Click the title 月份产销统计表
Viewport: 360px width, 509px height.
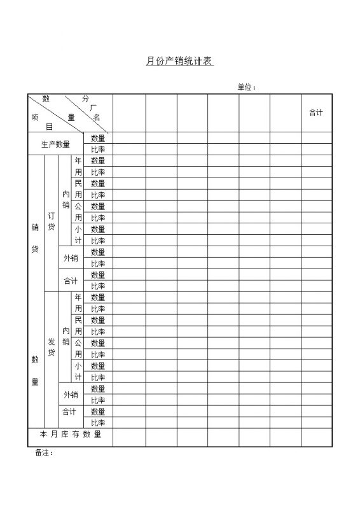(179, 62)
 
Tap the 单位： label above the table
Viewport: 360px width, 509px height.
(247, 87)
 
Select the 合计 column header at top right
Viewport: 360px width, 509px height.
(316, 113)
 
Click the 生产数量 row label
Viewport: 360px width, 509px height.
(55, 144)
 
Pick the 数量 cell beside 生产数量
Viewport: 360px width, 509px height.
(98, 138)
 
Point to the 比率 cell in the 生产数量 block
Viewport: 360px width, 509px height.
(98, 150)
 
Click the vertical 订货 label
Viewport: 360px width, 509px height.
(52, 221)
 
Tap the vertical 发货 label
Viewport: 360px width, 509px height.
(52, 347)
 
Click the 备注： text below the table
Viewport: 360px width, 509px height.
(44, 453)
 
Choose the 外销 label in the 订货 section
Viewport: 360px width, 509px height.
(70, 258)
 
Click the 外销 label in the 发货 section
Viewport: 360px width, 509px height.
(70, 394)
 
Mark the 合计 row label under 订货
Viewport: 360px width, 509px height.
(70, 281)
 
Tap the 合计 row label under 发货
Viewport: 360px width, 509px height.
(69, 412)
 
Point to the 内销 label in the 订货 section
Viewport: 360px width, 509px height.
(66, 199)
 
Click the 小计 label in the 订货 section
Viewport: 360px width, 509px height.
(78, 235)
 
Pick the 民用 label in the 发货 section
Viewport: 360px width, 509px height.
(78, 325)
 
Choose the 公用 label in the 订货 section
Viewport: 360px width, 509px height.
(78, 212)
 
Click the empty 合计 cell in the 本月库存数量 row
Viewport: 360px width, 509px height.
(316, 437)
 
